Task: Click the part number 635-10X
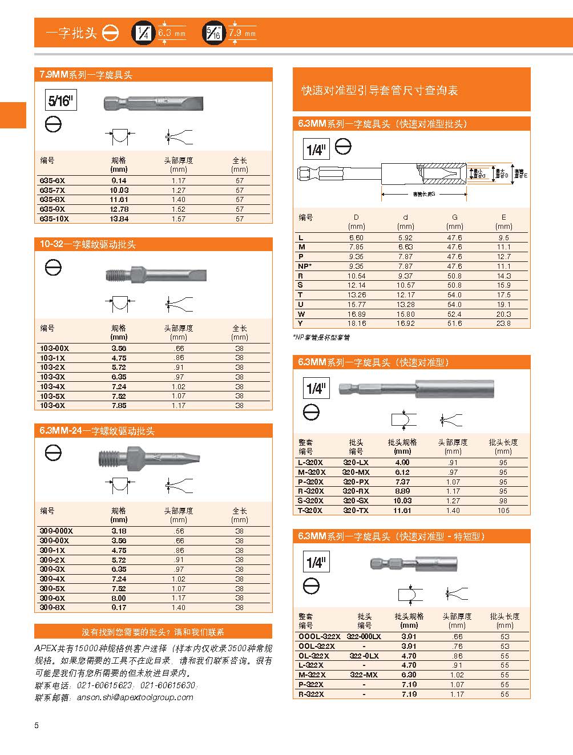coord(54,219)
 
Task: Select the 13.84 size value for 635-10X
coord(119,219)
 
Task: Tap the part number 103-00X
coord(54,348)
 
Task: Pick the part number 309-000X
coord(56,531)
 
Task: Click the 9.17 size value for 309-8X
coord(119,607)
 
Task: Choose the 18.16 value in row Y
coord(356,324)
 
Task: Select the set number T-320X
coord(310,510)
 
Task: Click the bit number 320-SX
coord(356,500)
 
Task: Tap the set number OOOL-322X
coord(319,636)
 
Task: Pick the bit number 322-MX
coord(364,675)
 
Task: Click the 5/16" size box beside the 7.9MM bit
coord(60,101)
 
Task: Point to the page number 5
coord(37,726)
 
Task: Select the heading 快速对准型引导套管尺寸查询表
coord(380,91)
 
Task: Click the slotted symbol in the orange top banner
coord(110,33)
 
